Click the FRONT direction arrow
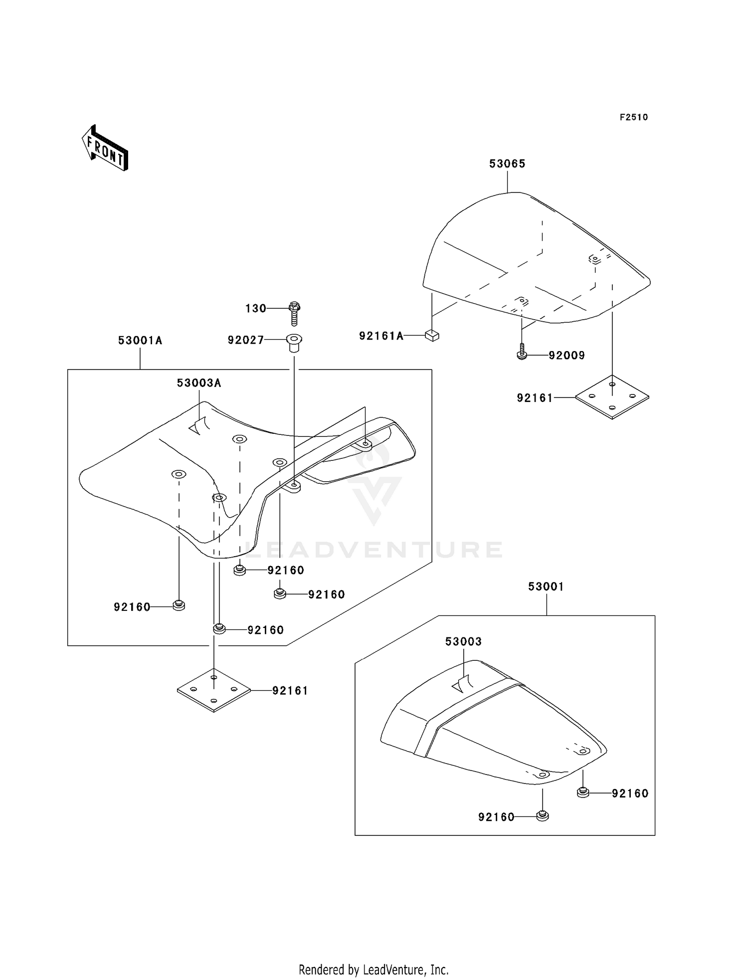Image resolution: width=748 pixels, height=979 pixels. pyautogui.click(x=105, y=148)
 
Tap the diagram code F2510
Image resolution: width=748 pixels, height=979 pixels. pyautogui.click(x=634, y=117)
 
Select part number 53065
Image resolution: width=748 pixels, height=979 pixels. pyautogui.click(x=507, y=164)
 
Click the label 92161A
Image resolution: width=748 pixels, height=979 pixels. pyautogui.click(x=381, y=336)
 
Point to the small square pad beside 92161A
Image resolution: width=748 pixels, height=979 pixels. pyautogui.click(x=432, y=336)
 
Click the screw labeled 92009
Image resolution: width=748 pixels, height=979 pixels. pyautogui.click(x=522, y=352)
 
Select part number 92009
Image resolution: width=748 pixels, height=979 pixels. pyautogui.click(x=566, y=356)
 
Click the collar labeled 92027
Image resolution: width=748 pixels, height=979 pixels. pyautogui.click(x=294, y=343)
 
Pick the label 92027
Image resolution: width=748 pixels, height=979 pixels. pyautogui.click(x=246, y=340)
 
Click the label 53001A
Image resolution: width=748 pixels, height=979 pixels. pyautogui.click(x=140, y=341)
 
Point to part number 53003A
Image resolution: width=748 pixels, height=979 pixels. pyautogui.click(x=199, y=383)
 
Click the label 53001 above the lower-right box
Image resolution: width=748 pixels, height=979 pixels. pyautogui.click(x=546, y=587)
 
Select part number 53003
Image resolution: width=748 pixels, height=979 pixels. pyautogui.click(x=464, y=641)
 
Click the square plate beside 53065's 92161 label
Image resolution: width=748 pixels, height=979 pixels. pyautogui.click(x=612, y=397)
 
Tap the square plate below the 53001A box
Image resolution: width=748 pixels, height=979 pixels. pyautogui.click(x=214, y=690)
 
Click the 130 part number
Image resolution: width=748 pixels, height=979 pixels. pyautogui.click(x=256, y=309)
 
